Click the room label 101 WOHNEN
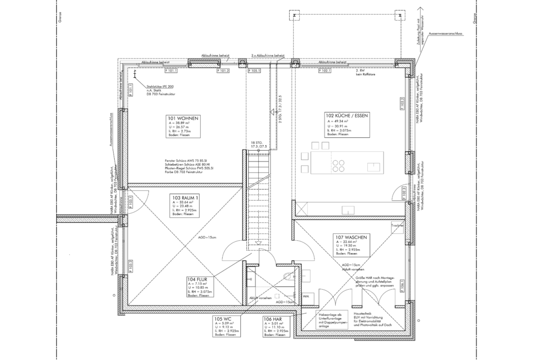coord(183,118)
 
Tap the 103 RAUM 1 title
coord(186,198)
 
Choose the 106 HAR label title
coord(273,318)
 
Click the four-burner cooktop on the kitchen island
coord(339,165)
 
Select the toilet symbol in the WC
coord(288,276)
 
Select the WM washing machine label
coord(307,295)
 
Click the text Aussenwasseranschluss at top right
coord(445,34)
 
